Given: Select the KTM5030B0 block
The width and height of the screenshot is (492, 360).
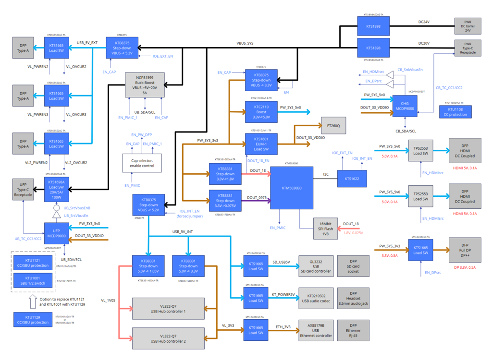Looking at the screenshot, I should tap(292, 188).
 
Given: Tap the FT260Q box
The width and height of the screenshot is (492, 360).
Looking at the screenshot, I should tap(333, 126).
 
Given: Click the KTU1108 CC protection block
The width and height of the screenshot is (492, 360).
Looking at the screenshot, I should tap(455, 112).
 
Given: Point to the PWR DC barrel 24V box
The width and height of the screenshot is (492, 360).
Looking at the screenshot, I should tap(467, 26).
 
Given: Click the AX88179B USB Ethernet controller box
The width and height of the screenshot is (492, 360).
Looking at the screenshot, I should tap(316, 330).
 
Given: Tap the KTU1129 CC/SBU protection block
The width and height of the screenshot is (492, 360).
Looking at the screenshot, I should tap(33, 320).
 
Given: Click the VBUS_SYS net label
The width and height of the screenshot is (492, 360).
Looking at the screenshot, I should tap(245, 43).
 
